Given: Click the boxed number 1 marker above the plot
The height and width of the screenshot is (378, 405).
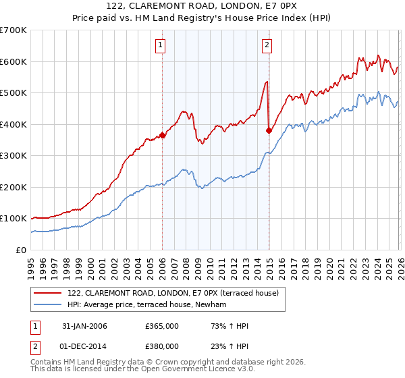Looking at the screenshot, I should pos(161,45).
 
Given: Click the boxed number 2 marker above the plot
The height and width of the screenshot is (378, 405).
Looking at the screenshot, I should pos(267,45).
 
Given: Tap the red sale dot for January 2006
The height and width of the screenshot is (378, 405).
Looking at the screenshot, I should pos(162,136).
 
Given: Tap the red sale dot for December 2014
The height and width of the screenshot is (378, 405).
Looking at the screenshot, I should pos(269,131).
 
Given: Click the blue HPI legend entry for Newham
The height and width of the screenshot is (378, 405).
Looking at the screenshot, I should pos(151,305).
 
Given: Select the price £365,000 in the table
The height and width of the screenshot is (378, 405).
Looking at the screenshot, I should pos(162,326).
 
